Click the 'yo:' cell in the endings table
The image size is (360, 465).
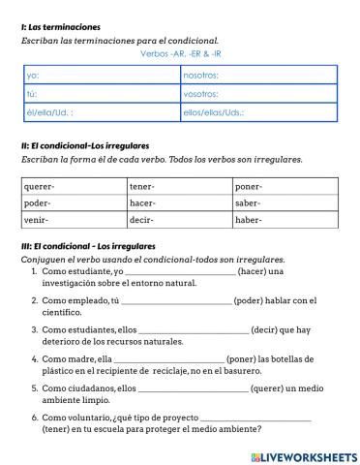[x=102, y=75]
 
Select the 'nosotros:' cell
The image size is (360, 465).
[x=258, y=75]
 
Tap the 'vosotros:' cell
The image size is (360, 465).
[x=258, y=94]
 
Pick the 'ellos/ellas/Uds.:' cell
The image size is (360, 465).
[x=258, y=113]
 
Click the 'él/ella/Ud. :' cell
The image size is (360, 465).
[x=102, y=113]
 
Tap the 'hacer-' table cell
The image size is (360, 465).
[x=179, y=203]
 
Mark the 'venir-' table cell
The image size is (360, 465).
[x=74, y=220]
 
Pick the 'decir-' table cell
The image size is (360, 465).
[x=179, y=220]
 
